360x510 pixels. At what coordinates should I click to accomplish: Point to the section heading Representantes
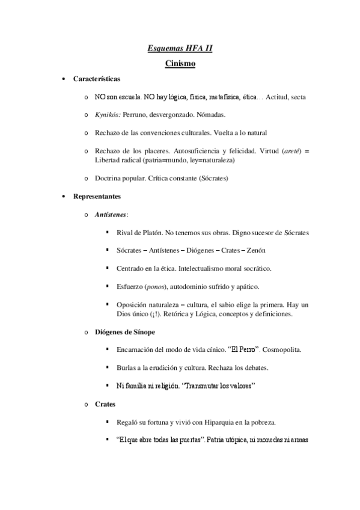click(97, 196)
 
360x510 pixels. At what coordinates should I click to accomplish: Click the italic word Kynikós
click(107, 114)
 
